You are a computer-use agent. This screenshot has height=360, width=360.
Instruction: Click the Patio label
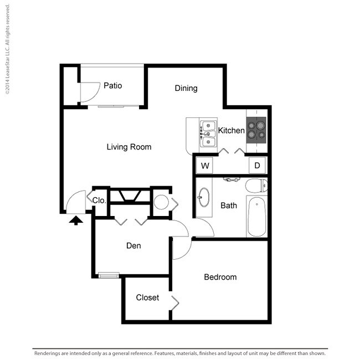(x=112, y=86)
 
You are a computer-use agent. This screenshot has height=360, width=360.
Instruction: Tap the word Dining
(x=186, y=88)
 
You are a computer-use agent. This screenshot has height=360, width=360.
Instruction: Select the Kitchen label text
(x=231, y=131)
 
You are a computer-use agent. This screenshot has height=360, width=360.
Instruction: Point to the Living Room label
(x=129, y=147)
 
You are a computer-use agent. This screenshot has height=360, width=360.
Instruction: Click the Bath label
(x=229, y=205)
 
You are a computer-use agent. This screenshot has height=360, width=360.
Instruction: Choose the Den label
(x=133, y=246)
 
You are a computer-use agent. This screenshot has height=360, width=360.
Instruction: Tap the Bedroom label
(x=220, y=277)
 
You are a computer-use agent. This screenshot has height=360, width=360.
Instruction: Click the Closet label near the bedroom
(x=147, y=297)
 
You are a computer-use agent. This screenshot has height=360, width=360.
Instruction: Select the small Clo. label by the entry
(x=99, y=200)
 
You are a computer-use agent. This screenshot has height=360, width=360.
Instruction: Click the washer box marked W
(x=204, y=165)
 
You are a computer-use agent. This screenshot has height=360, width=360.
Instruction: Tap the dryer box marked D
(x=257, y=165)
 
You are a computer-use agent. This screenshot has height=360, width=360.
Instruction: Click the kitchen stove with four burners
(x=256, y=128)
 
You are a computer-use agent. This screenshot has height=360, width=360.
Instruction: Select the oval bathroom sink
(x=203, y=197)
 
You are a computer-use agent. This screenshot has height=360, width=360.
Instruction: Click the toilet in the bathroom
(x=256, y=185)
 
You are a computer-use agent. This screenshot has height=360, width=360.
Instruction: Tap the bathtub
(x=256, y=218)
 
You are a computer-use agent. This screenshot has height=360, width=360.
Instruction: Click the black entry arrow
(x=75, y=220)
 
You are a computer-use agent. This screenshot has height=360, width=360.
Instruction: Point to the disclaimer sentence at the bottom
(x=180, y=353)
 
